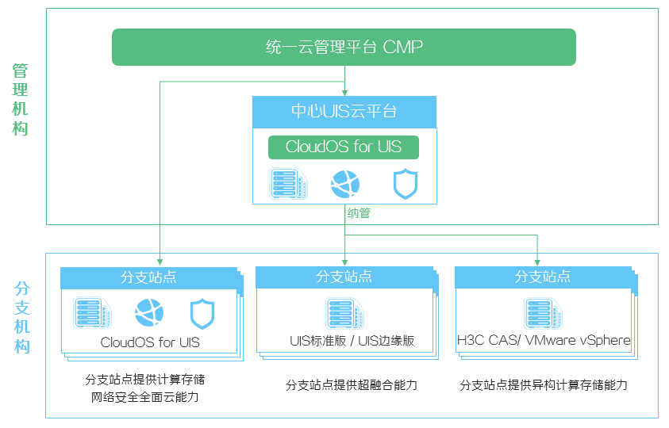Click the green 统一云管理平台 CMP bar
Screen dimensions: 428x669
344,47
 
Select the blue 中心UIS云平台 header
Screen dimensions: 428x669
344,112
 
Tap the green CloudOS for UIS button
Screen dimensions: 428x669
343,147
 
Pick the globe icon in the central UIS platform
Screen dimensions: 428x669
345,185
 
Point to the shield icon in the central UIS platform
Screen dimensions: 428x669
404,185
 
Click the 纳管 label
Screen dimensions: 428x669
359,213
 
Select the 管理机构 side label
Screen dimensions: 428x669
21,99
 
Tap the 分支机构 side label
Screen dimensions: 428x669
21,317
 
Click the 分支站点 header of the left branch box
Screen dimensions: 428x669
148,277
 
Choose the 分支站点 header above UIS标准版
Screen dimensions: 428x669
344,277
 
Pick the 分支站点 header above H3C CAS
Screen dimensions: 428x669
543,277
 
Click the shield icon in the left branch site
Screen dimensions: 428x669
202,314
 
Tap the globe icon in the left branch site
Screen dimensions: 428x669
148,314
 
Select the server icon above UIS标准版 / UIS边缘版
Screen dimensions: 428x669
340,314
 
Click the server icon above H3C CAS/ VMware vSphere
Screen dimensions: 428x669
540,314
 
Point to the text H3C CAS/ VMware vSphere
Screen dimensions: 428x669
544,341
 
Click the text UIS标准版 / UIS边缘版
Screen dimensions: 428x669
352,341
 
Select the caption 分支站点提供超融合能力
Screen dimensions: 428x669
352,385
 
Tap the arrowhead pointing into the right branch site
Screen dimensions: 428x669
537,262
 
